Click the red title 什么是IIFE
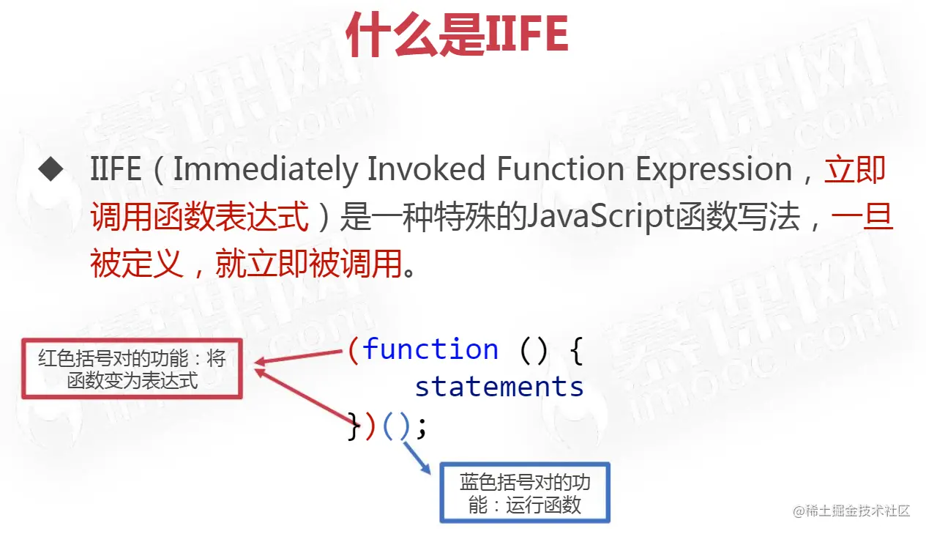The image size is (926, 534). point(458,34)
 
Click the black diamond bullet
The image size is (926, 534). point(51,168)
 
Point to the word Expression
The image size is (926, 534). point(714,170)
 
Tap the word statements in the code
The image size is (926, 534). point(499,386)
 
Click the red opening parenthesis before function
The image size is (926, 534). point(354,350)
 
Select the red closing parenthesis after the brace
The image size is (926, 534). point(370,426)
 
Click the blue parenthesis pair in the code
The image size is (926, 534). point(397,426)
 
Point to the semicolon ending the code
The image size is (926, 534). point(422,428)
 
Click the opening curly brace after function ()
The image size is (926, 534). point(576,351)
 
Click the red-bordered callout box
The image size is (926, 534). point(132,369)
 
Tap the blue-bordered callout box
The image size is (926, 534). point(525,493)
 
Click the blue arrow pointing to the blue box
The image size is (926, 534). point(417,458)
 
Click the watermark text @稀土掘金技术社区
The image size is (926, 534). point(851,511)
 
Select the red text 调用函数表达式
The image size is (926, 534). point(200,217)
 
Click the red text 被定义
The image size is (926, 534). point(137,264)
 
